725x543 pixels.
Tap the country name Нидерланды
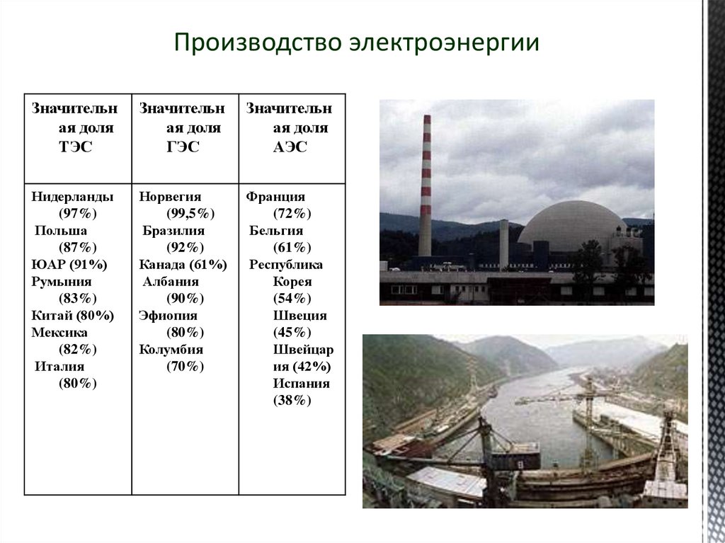click(72, 197)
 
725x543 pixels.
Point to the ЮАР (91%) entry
click(69, 265)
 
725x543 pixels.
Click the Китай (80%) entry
click(72, 316)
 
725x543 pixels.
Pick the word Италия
click(59, 367)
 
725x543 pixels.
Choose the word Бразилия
click(173, 231)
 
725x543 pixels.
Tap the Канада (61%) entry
click(183, 265)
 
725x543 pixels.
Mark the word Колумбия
click(171, 350)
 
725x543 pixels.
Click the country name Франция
click(276, 197)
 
